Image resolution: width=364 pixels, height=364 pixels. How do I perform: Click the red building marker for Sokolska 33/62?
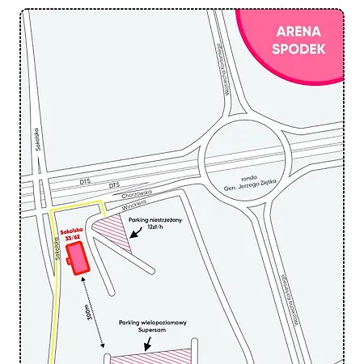pos(78,259)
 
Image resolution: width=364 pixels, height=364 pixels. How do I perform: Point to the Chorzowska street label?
pos(114,195)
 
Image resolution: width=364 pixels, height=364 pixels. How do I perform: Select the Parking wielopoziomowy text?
pos(153,323)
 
